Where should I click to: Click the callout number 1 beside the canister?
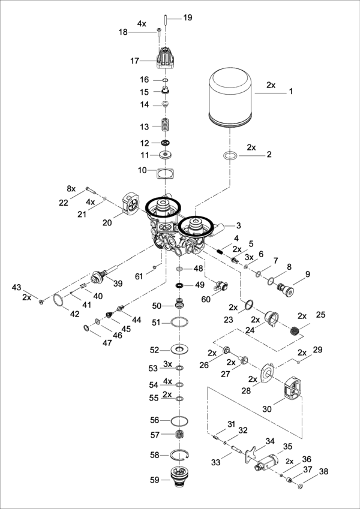tap(291, 92)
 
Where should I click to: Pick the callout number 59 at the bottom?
tap(155, 480)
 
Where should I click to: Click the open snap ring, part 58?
tap(178, 455)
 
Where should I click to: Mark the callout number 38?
tap(323, 471)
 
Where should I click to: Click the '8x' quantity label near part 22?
tap(72, 188)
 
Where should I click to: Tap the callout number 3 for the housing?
tap(238, 225)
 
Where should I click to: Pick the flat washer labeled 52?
tap(179, 350)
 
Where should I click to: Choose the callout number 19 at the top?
tap(188, 18)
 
